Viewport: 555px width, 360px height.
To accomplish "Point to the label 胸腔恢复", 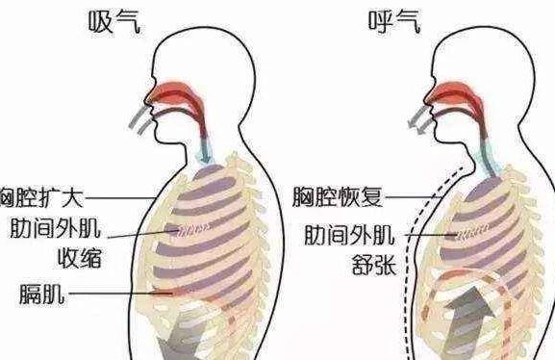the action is coord(338,199).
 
